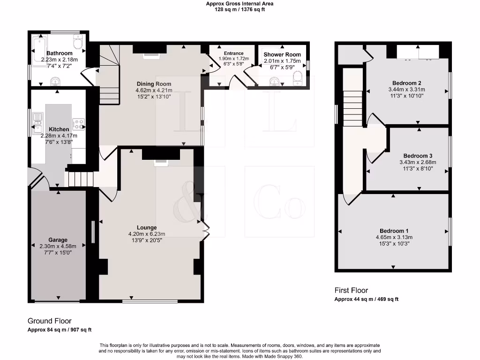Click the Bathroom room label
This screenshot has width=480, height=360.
(x=59, y=53)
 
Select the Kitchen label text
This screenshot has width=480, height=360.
(x=59, y=129)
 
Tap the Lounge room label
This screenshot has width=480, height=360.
(x=147, y=228)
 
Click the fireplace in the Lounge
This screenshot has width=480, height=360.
(x=160, y=162)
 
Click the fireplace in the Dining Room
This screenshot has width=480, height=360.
(x=151, y=55)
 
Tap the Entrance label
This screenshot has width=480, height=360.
(x=233, y=53)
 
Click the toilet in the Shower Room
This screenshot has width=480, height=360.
(x=298, y=82)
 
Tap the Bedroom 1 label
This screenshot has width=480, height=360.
(x=394, y=231)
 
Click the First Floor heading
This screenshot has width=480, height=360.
(x=351, y=290)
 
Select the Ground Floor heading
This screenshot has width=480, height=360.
(x=49, y=321)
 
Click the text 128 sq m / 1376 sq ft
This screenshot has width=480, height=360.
(x=240, y=9)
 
